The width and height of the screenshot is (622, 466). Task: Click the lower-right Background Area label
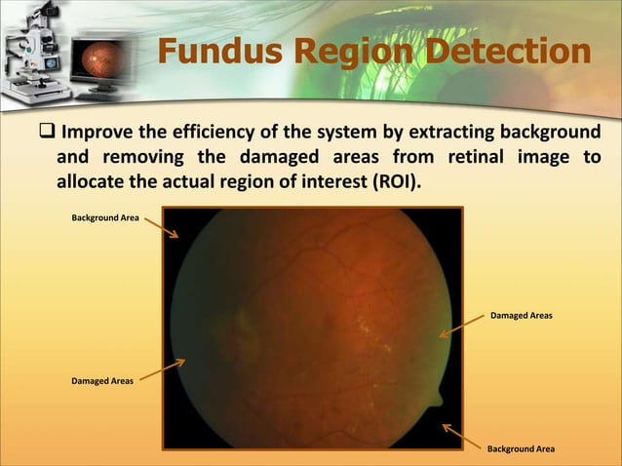click(x=521, y=448)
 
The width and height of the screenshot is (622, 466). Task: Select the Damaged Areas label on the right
click(x=522, y=316)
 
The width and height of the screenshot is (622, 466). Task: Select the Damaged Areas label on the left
click(x=102, y=381)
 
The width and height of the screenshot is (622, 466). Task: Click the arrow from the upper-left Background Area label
click(x=162, y=227)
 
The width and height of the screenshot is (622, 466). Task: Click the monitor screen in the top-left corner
click(x=94, y=51)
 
